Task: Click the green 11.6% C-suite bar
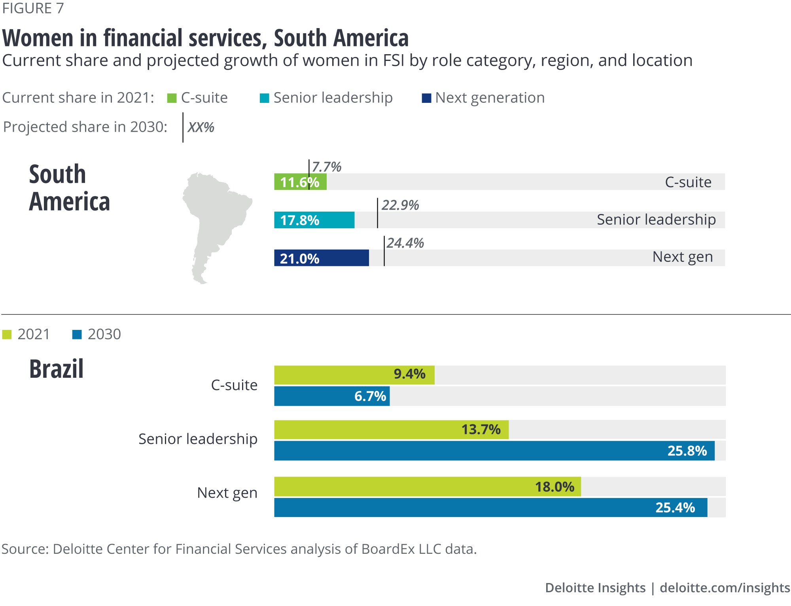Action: coord(300,182)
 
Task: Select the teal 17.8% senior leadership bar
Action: coord(314,220)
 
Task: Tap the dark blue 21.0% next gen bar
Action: coord(321,258)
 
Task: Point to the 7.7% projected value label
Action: coord(326,167)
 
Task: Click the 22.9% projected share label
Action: coord(400,205)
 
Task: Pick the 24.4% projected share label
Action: coord(405,243)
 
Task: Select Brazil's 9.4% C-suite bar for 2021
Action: coord(354,375)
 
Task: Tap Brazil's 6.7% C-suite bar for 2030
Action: coord(331,396)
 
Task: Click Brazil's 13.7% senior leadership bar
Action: coord(391,430)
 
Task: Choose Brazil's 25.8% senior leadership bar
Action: coord(494,451)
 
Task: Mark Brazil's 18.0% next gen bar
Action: coord(427,487)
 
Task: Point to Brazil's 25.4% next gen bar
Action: coord(490,508)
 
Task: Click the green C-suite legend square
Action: coord(172,98)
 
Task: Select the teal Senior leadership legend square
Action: coord(264,98)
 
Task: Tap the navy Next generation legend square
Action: coord(426,98)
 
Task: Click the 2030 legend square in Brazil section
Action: coord(77,335)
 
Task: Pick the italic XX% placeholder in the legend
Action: coord(201,127)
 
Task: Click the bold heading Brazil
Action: coord(56,369)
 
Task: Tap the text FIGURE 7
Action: coord(33,8)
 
